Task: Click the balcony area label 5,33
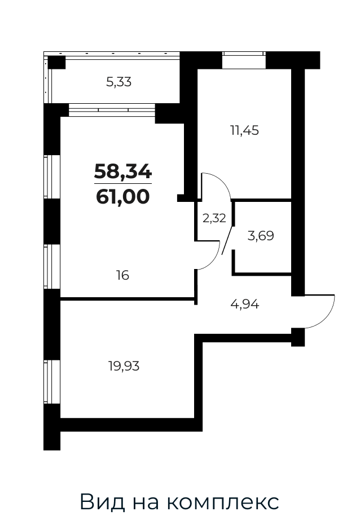118,82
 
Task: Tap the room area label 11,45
244,130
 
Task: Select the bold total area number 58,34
123,171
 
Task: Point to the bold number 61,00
123,196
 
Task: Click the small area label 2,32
214,218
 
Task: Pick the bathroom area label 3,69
261,236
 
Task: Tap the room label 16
123,276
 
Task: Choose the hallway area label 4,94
245,305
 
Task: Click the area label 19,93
124,365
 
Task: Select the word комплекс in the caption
223,502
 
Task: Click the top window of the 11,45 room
244,60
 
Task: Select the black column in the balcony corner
56,63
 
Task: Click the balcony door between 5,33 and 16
112,110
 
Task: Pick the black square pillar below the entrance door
298,337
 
